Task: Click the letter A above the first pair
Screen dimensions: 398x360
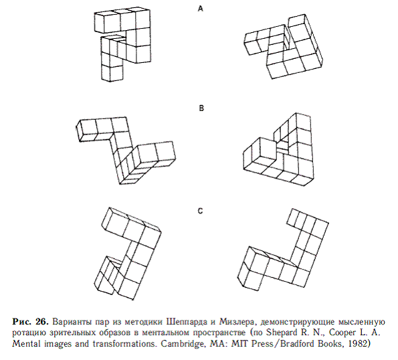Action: (201, 9)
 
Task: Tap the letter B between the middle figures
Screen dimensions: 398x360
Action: (201, 108)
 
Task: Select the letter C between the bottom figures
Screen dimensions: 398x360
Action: (200, 211)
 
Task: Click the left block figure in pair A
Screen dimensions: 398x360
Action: (122, 45)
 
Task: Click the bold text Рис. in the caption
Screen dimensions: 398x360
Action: (22, 322)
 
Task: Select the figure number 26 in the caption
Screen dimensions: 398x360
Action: (42, 322)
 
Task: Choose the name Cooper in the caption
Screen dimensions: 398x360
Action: (343, 333)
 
